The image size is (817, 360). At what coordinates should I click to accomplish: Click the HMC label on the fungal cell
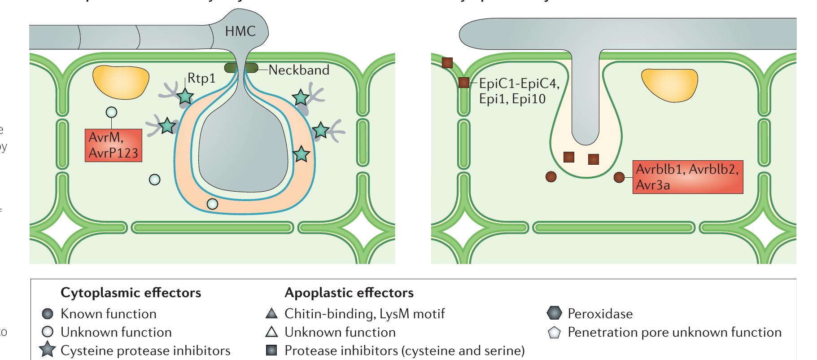tap(240, 31)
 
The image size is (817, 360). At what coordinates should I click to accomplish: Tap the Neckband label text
tap(299, 70)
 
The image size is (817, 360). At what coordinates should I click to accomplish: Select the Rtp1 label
tap(201, 78)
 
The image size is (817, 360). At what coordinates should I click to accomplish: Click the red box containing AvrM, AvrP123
tap(114, 145)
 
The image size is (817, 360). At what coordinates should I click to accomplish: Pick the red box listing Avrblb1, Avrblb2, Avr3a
tap(687, 177)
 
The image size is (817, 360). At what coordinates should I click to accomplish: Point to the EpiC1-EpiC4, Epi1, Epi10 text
tap(519, 91)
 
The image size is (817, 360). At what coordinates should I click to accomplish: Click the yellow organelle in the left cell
tap(121, 81)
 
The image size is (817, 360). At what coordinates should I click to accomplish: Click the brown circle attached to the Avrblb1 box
tap(619, 177)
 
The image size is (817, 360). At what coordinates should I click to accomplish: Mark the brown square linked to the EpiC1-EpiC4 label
tap(464, 83)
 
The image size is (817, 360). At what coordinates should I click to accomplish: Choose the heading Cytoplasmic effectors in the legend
tap(131, 293)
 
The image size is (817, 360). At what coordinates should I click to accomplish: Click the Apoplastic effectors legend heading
tap(349, 293)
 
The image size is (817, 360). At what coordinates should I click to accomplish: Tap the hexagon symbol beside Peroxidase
tap(555, 313)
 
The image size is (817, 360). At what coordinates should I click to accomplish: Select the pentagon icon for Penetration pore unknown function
tap(555, 333)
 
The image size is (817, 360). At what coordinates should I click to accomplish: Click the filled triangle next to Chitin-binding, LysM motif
tap(271, 313)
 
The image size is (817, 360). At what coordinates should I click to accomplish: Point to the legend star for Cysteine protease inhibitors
tap(47, 350)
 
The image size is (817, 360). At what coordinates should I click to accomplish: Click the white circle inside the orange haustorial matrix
tap(212, 204)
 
